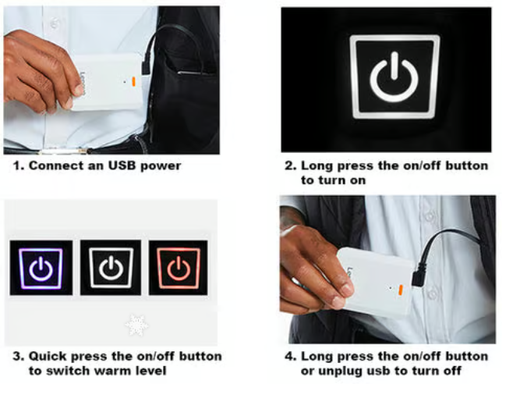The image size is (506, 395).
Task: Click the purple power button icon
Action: [41, 268]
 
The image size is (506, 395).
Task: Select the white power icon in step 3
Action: [111, 268]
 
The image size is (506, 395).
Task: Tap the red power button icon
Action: [179, 268]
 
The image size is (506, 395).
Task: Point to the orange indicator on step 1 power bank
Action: [133, 82]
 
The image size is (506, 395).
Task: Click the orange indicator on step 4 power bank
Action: [401, 290]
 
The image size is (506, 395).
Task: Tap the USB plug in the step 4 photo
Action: [419, 275]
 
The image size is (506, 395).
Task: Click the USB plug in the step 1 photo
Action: [146, 66]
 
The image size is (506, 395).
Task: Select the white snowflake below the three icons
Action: [136, 325]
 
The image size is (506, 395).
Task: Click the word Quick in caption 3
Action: [48, 356]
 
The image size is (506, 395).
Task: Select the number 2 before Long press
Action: [289, 165]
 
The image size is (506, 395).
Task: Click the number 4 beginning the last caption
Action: [289, 357]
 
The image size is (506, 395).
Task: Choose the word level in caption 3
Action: [150, 371]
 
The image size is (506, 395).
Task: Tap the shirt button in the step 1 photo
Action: [55, 23]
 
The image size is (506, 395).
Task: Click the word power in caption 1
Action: [161, 166]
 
